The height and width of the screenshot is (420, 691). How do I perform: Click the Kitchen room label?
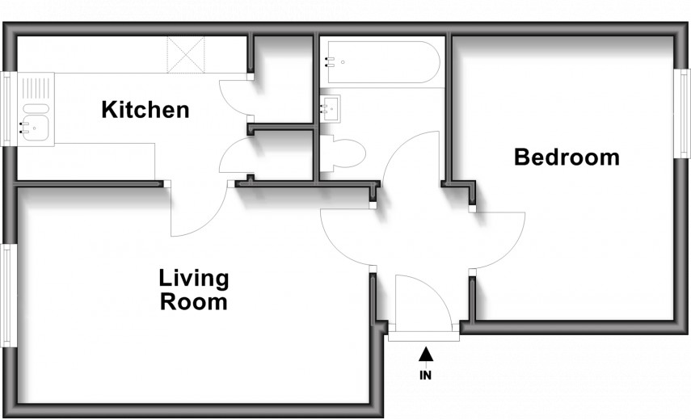(145, 110)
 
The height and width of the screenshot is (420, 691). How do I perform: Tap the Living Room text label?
(193, 291)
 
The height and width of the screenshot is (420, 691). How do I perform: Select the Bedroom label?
(567, 157)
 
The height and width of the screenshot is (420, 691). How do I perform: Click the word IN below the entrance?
(425, 375)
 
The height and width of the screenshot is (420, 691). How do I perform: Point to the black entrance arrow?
(426, 353)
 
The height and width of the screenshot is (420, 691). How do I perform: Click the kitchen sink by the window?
(35, 109)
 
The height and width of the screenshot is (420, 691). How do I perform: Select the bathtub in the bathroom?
(380, 62)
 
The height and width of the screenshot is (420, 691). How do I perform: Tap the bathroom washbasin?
(330, 108)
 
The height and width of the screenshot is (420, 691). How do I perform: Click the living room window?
(8, 295)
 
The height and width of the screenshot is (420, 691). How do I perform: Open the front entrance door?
(422, 300)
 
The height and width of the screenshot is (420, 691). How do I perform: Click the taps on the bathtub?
(329, 61)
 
